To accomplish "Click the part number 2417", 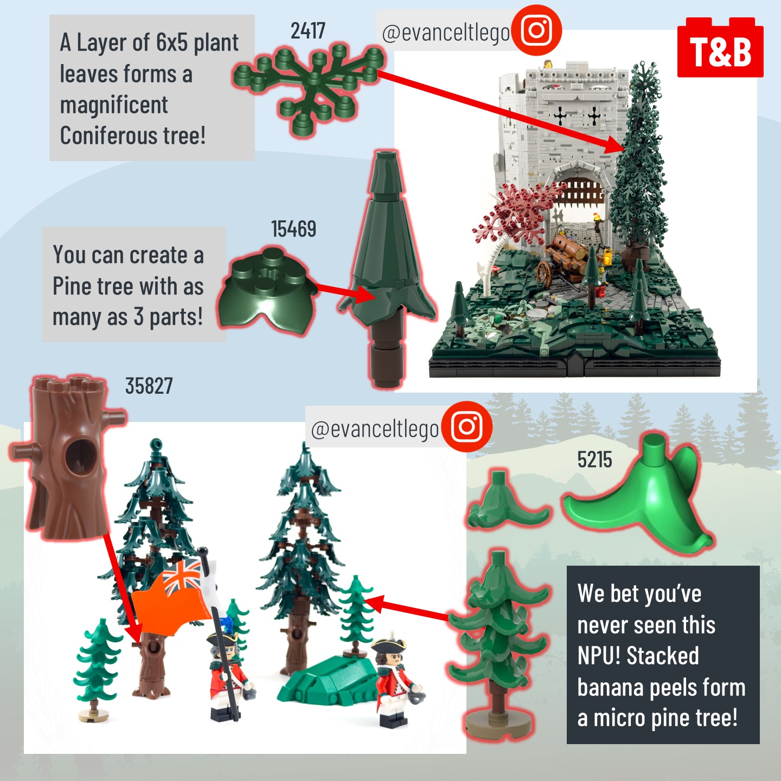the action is click(308, 30).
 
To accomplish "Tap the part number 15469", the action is click(293, 229).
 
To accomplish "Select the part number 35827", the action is click(149, 386).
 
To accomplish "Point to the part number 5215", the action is click(594, 459).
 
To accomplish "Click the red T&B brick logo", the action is click(720, 47).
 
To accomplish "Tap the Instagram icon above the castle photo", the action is click(536, 30).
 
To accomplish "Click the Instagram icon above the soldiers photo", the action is click(466, 426).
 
